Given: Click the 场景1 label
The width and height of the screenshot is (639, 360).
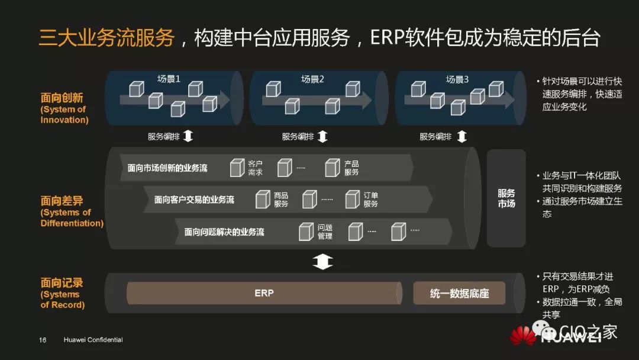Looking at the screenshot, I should pos(169,79).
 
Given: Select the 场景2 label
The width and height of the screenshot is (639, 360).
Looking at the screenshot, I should pos(313,79).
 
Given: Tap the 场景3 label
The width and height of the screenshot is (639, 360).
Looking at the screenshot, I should pos(457,79).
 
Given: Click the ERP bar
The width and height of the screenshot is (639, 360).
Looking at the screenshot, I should pos(264,293).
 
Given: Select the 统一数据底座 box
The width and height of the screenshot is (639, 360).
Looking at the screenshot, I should pos(459,294).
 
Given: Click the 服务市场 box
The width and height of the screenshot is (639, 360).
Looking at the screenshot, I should pos(506,198).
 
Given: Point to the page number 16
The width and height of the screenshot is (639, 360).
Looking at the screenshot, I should pos(43,340).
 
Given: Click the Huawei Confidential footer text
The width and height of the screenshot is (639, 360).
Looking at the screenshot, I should pos(93,340).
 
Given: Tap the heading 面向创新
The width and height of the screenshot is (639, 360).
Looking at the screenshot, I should pos(62,98).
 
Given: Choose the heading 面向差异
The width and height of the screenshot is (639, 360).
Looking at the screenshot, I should pos(62,201).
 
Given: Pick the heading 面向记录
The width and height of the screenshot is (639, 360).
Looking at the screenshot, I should pos(62,283).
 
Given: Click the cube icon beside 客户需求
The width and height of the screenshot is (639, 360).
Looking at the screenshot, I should pos(237,168).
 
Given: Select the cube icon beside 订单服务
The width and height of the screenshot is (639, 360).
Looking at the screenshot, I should pos(353,199).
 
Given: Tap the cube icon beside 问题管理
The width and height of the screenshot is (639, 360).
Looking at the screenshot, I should pos(306,231).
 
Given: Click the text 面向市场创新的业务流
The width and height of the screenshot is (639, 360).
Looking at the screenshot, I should pos(167,168).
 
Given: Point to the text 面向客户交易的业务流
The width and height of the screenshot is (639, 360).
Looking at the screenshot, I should pos(194,200).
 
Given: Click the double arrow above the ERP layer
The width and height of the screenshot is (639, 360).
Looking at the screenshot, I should pos(322,262).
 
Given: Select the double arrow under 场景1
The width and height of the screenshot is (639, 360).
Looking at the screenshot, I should pos(188,137).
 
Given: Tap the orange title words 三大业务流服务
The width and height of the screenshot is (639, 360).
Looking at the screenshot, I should pos(107,38).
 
